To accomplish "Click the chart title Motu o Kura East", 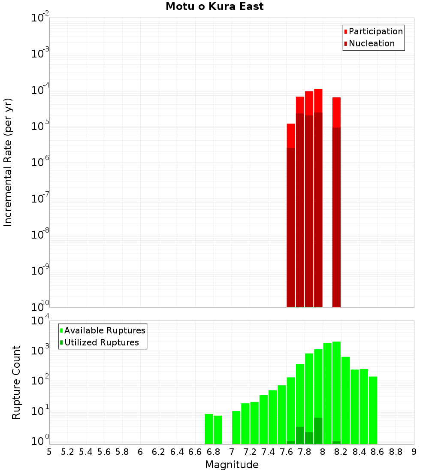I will click(x=214, y=6).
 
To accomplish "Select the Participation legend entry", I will click(x=375, y=31).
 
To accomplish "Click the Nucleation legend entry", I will click(x=372, y=43).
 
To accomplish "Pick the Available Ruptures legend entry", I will click(x=104, y=330).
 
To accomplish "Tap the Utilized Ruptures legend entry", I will click(x=101, y=342).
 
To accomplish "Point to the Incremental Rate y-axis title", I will click(x=8, y=162).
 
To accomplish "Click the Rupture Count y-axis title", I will click(x=16, y=382).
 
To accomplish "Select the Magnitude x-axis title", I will click(x=232, y=465).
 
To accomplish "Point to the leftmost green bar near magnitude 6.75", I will click(x=209, y=429).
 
